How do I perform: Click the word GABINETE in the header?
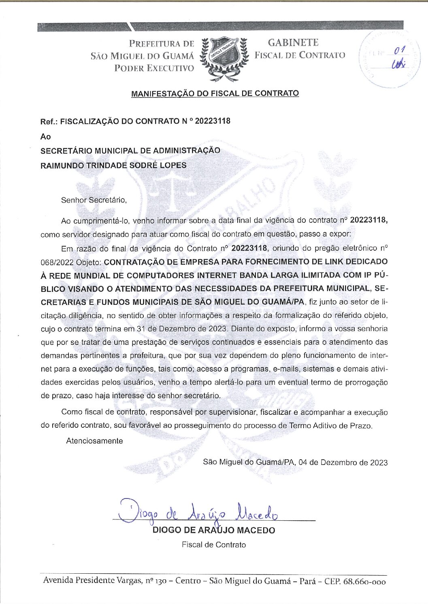(293, 42)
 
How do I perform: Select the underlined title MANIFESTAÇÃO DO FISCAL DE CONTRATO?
(215, 93)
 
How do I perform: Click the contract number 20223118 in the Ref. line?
(213, 121)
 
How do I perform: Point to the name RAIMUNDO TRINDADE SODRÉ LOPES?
(113, 165)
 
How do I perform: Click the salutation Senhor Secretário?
(94, 200)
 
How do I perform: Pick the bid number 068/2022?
(57, 262)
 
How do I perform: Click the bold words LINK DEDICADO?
(356, 262)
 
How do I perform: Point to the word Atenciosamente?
(94, 441)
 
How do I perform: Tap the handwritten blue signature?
(198, 511)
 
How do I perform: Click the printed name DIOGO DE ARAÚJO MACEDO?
(213, 530)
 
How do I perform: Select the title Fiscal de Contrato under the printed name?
(214, 545)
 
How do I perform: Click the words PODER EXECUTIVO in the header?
(154, 68)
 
